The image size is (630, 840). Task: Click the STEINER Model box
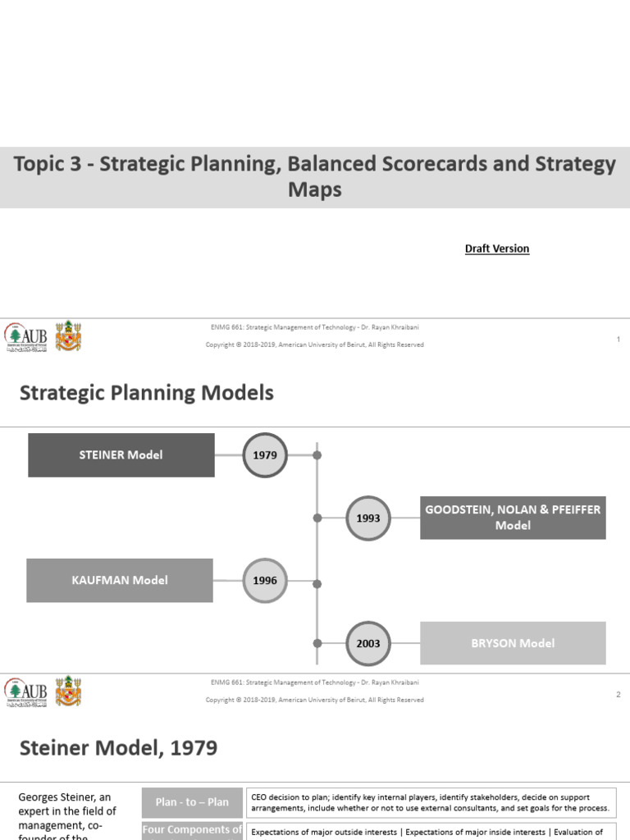[x=121, y=455]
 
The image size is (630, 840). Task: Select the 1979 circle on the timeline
[x=265, y=455]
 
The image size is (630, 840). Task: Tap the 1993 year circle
[x=368, y=518]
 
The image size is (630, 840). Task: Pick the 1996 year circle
[x=265, y=581]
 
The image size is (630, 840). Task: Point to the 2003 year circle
[x=368, y=644]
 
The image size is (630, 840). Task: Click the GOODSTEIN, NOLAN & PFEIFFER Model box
[x=513, y=518]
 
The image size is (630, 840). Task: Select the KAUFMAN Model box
[x=120, y=580]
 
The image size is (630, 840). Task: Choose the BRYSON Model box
[x=513, y=643]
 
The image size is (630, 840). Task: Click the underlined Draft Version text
[x=497, y=249]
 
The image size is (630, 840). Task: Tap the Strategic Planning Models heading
[x=147, y=394]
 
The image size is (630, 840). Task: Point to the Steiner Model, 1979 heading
[x=119, y=748]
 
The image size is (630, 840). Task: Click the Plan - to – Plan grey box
[x=192, y=802]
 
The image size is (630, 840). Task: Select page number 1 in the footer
[x=618, y=340]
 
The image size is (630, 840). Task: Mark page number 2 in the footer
[x=618, y=695]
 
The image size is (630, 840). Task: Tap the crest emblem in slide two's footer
[x=68, y=692]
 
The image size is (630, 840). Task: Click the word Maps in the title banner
[x=314, y=190]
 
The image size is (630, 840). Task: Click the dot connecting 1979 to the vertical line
[x=317, y=455]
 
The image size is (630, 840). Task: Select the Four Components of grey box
[x=192, y=830]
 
